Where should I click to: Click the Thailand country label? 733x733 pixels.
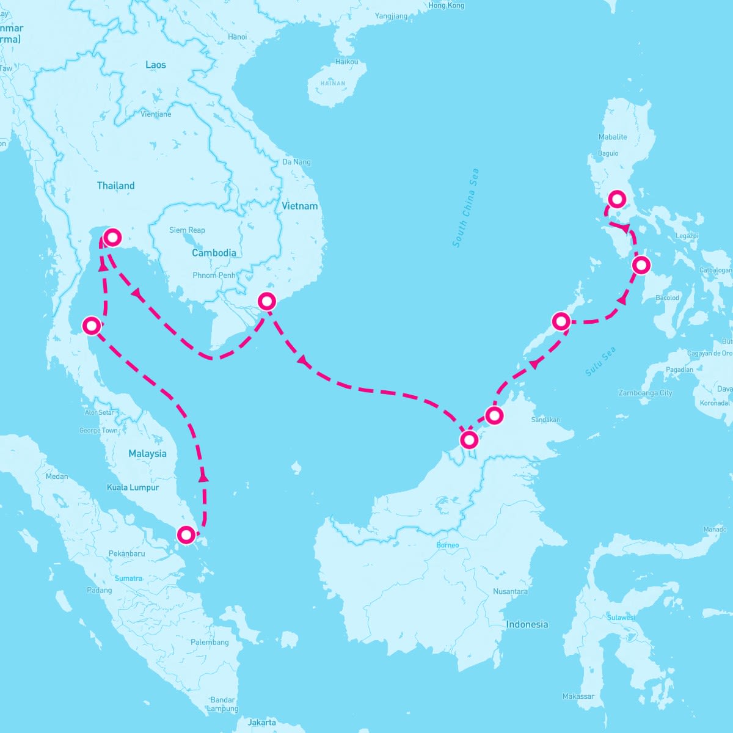pos(115,186)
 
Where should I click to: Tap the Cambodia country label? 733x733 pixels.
pos(214,253)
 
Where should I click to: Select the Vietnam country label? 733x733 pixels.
pos(299,206)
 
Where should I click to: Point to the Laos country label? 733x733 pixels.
pos(156,65)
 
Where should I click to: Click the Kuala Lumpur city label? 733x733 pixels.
pos(133,487)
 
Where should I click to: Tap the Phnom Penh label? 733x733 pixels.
pos(213,275)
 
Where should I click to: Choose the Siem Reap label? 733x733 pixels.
pos(187,230)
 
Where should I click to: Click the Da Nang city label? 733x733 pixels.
pos(296,162)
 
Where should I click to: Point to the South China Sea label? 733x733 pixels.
pos(466,208)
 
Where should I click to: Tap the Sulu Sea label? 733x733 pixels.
pos(600,362)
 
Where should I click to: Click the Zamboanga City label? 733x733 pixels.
pos(645,393)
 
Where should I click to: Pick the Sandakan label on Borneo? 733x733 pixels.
pos(545,420)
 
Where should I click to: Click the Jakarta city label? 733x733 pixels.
pos(261,723)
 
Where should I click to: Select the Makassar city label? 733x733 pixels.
pos(578,696)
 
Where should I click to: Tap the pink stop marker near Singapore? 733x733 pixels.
pos(186,535)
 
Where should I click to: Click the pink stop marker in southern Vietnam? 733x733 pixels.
pos(267,301)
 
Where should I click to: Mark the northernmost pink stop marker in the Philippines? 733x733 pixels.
pos(618,199)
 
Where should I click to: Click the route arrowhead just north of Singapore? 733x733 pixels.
pos(203,477)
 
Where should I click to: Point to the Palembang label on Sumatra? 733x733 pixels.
pos(210,642)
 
